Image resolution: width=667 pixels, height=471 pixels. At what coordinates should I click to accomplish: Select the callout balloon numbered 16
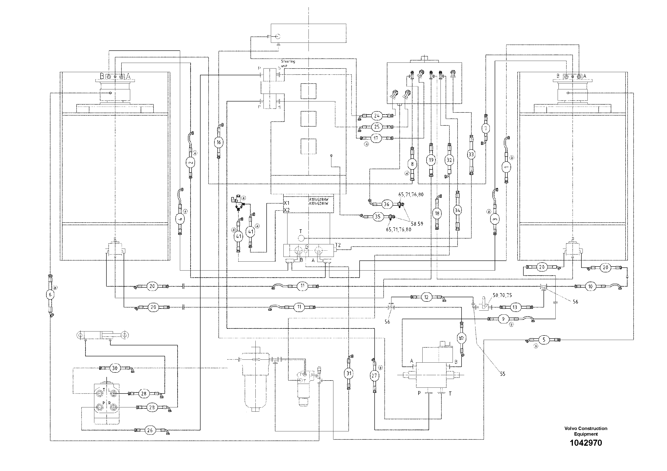click(219, 142)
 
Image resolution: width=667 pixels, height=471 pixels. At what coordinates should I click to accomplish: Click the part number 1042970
click(586, 443)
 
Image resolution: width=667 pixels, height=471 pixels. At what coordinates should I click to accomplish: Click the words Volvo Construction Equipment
click(586, 431)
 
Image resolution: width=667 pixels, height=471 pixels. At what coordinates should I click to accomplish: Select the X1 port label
click(286, 203)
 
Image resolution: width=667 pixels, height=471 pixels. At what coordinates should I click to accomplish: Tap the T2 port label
click(338, 245)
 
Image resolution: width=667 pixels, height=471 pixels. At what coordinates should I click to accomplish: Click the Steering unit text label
click(288, 64)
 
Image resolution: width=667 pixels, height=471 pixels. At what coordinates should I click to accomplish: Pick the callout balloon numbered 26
click(150, 430)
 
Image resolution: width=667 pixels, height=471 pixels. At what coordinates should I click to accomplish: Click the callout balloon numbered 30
click(115, 368)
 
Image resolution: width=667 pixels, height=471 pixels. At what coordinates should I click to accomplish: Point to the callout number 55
click(503, 374)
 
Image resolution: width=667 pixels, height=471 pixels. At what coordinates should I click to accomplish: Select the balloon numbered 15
click(461, 338)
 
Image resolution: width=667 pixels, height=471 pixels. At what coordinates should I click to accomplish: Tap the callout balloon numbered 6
click(50, 295)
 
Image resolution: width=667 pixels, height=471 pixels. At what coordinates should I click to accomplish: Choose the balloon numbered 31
click(349, 373)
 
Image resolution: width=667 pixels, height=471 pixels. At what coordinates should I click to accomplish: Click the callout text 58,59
click(417, 224)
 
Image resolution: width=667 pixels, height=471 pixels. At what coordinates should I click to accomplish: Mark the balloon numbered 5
click(544, 340)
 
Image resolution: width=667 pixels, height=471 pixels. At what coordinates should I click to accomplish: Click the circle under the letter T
click(301, 238)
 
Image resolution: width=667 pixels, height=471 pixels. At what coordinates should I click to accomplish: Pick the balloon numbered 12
click(426, 297)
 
